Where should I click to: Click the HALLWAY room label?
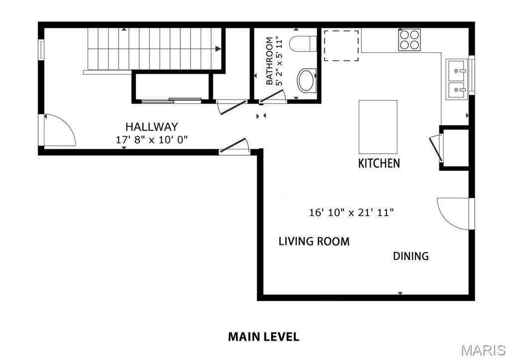(151, 126)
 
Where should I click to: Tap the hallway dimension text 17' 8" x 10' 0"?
(152, 140)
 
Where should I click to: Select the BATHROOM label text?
(269, 61)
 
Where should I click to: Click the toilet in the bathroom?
(303, 44)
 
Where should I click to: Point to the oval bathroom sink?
(307, 80)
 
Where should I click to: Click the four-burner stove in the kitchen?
(409, 40)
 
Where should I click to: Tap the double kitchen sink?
(457, 79)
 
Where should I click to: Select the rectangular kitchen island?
(378, 127)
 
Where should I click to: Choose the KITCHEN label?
(379, 163)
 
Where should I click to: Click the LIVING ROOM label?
(314, 241)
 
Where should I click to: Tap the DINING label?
(411, 256)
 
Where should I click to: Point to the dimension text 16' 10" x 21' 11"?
(351, 213)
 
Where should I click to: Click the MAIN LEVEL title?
(263, 337)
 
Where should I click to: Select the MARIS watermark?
(483, 351)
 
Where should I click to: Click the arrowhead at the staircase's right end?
(218, 49)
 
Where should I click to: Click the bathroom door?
(271, 97)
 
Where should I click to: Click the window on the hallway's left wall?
(41, 50)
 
